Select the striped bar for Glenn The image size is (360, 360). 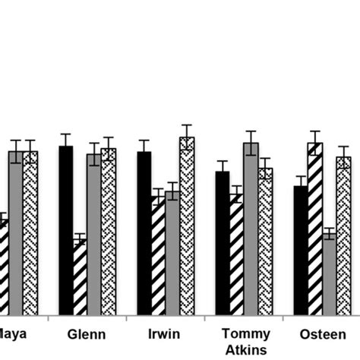[x=80, y=277]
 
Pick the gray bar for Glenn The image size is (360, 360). [x=93, y=235]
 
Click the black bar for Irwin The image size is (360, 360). [x=144, y=233]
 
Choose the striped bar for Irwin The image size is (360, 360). [x=158, y=256]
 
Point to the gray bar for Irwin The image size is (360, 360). [x=172, y=253]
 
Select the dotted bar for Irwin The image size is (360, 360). [x=187, y=226]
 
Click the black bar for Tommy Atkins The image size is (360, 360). [x=222, y=243]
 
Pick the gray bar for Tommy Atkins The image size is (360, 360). [x=251, y=229]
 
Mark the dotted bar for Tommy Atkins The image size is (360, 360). [x=265, y=242]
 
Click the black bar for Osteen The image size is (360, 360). [x=301, y=251]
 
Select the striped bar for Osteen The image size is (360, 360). [x=314, y=229]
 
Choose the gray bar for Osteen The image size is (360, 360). [x=329, y=274]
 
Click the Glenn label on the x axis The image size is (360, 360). [x=87, y=335]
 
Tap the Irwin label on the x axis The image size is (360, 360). [x=165, y=335]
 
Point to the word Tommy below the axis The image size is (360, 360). [x=243, y=333]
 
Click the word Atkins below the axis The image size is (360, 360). [x=243, y=349]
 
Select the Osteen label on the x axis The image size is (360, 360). [x=321, y=335]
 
